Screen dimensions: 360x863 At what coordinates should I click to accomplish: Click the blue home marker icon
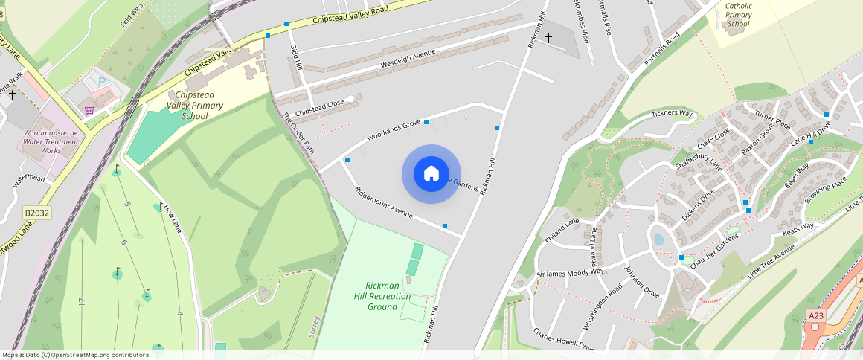[x=431, y=174]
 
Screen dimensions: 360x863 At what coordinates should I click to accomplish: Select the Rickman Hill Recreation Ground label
[x=388, y=296]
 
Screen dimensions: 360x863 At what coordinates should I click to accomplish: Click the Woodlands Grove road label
[x=394, y=129]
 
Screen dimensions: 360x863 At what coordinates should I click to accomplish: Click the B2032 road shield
[x=36, y=213]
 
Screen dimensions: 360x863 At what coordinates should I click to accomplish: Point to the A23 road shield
[x=816, y=315]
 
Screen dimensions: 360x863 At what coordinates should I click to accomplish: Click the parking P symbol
[x=102, y=80]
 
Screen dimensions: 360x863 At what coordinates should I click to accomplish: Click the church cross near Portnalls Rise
[x=548, y=37]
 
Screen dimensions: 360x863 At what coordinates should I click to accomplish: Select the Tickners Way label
[x=672, y=114]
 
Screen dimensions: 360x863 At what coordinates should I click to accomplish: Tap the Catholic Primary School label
[x=739, y=15]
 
